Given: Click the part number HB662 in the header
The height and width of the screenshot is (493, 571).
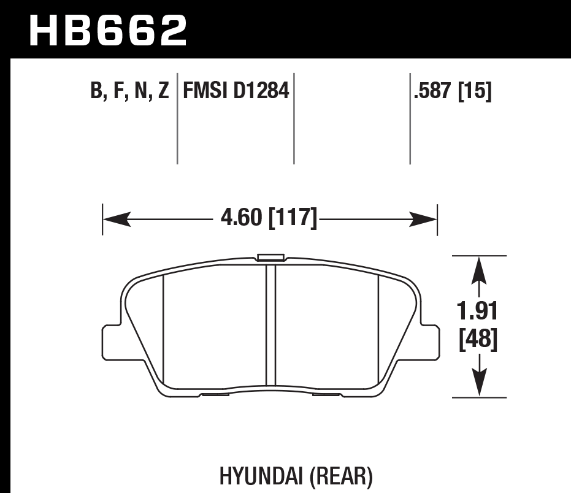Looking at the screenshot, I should (x=108, y=31).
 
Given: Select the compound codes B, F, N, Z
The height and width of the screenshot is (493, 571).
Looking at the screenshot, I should (x=129, y=92).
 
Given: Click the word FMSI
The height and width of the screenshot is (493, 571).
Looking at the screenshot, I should (x=204, y=92).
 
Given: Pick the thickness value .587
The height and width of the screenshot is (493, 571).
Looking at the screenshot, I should (x=434, y=92).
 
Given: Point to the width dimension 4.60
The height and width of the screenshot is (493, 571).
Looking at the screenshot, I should (x=240, y=218).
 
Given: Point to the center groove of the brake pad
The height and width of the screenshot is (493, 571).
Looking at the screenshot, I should (x=270, y=325).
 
